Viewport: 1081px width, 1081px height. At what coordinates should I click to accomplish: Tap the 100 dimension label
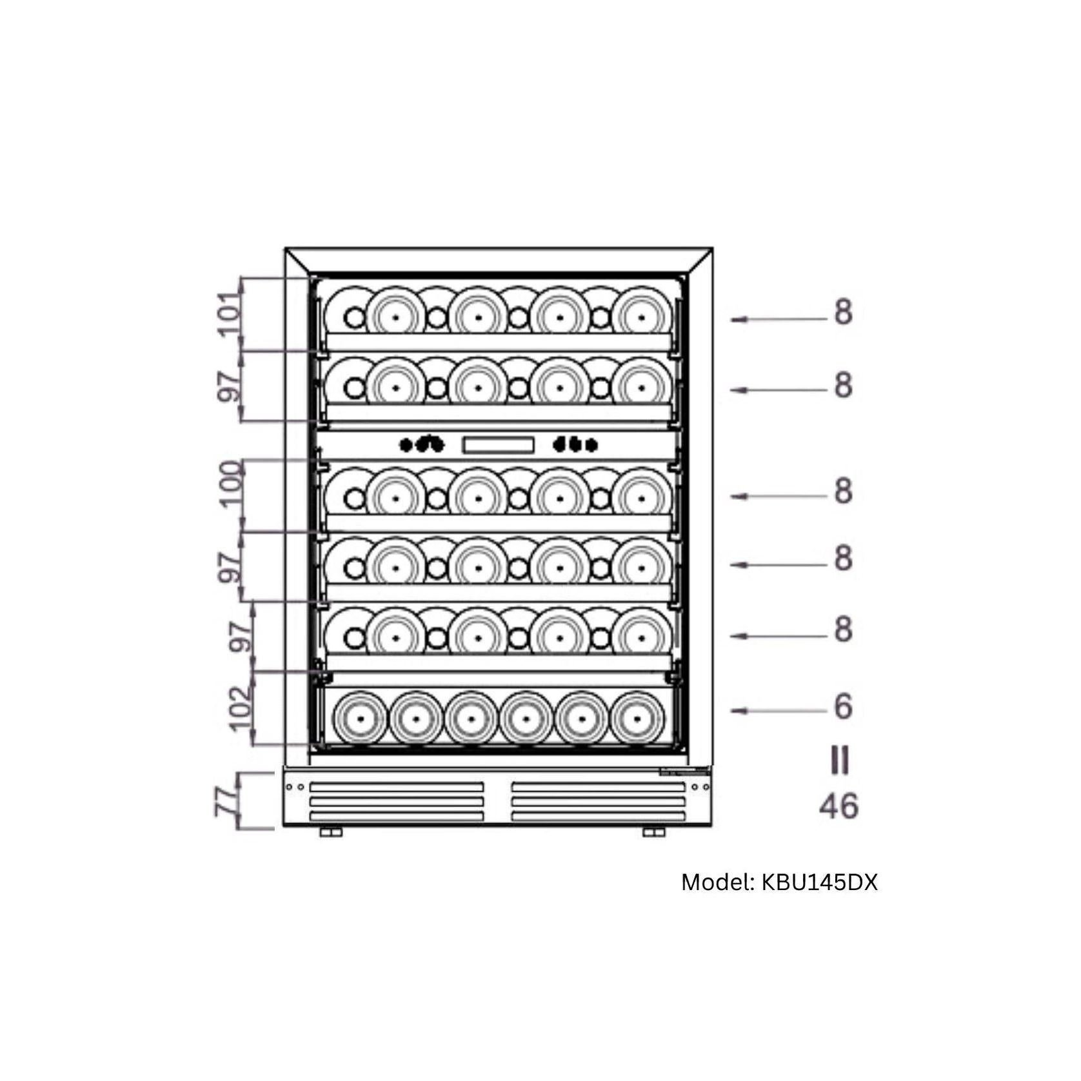[x=231, y=484]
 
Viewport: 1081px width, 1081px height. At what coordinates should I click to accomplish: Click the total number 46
[x=839, y=806]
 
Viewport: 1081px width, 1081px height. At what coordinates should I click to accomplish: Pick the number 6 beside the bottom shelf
[x=843, y=707]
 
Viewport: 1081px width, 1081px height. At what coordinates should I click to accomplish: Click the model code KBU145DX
[x=820, y=882]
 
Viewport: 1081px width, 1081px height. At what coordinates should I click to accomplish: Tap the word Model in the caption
[x=717, y=882]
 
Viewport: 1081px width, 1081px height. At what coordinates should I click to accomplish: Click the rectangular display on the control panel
[x=499, y=444]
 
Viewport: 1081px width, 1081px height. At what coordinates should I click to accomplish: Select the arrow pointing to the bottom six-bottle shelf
[x=778, y=711]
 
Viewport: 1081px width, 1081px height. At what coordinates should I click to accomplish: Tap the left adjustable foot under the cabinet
[x=331, y=833]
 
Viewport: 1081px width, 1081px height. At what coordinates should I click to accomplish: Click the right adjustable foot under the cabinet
[x=653, y=833]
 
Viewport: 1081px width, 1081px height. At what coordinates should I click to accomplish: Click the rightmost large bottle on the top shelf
[x=641, y=317]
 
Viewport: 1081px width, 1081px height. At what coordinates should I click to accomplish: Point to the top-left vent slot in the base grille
[x=397, y=787]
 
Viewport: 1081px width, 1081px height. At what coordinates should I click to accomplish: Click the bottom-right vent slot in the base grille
[x=598, y=817]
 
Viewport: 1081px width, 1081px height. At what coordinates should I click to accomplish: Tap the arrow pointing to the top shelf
[x=778, y=319]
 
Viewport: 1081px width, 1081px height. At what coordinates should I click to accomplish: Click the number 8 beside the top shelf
[x=843, y=312]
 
